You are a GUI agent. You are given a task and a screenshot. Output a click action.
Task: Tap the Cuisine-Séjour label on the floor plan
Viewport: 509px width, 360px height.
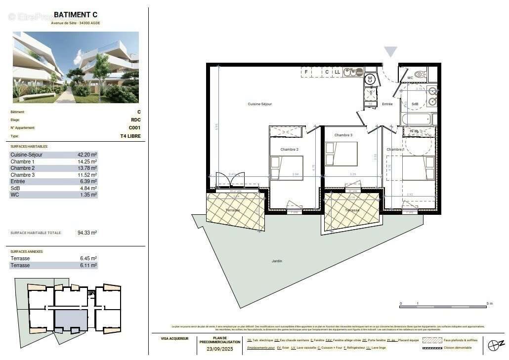pyautogui.click(x=260, y=104)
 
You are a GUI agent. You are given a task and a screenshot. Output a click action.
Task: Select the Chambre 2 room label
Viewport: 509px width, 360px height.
pyautogui.click(x=290, y=149)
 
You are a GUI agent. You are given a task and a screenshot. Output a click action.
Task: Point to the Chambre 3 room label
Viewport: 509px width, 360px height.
pyautogui.click(x=343, y=135)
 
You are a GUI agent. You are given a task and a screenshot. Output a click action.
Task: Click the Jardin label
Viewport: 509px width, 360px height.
pyautogui.click(x=277, y=261)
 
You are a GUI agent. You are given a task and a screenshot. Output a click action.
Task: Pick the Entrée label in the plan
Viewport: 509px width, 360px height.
pyautogui.click(x=387, y=104)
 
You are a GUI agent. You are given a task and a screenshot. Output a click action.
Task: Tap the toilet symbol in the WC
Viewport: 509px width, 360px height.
pyautogui.click(x=420, y=75)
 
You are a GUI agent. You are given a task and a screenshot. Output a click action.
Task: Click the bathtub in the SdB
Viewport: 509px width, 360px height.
pyautogui.click(x=417, y=119)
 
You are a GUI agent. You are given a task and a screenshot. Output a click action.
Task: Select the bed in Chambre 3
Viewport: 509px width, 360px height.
pyautogui.click(x=341, y=154)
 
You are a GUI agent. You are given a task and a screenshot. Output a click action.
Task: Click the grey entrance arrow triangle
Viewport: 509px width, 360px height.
pyautogui.click(x=391, y=52)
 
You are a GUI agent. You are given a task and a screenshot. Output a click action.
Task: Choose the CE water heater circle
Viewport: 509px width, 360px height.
pyautogui.click(x=370, y=79)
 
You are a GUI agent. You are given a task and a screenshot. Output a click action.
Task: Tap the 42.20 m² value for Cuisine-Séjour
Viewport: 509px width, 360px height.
pyautogui.click(x=87, y=155)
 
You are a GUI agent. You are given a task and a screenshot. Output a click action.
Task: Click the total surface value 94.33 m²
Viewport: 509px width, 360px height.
pyautogui.click(x=87, y=233)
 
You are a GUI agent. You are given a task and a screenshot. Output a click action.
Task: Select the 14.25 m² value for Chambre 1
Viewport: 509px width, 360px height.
pyautogui.click(x=87, y=161)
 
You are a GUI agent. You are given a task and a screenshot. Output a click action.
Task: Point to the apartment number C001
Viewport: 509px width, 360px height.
pyautogui.click(x=134, y=128)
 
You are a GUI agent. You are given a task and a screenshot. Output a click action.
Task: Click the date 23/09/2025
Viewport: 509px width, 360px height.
pyautogui.click(x=220, y=349)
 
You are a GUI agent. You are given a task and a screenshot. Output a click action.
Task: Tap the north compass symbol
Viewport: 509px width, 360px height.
pyautogui.click(x=495, y=345)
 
